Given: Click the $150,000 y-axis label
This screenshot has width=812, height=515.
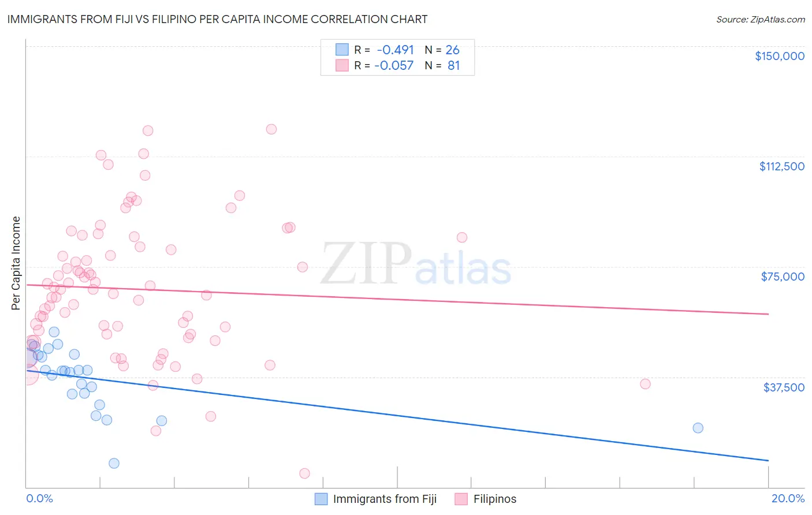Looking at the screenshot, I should point(779,56).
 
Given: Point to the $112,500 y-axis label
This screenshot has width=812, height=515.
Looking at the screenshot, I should point(781,166).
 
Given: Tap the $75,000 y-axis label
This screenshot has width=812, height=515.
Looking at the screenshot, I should point(783,277).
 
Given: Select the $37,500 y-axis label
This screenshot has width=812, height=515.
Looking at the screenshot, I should point(784,387).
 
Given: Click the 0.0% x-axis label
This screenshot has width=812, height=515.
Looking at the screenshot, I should point(39,499).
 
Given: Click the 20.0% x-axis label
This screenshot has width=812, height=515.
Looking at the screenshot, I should point(788,499).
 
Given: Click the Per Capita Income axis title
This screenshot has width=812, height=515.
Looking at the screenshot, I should point(16,263).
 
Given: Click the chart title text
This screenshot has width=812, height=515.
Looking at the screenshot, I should point(217,19).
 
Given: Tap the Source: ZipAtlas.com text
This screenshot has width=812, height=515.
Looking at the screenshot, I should point(760,20).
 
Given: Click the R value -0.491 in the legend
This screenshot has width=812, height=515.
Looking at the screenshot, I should point(395,50).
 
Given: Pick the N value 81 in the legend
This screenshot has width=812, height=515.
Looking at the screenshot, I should point(453,66).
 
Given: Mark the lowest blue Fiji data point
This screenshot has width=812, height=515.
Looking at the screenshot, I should point(114,463).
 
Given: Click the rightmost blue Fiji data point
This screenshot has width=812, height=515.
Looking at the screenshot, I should point(698,428).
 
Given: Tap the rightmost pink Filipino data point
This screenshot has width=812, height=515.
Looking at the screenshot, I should point(645,384).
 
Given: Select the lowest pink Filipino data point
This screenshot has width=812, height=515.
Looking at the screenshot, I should point(304,473).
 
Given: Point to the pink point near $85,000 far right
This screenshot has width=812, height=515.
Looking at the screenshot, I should point(461,237).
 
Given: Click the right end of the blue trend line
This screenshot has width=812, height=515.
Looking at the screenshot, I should point(768,460).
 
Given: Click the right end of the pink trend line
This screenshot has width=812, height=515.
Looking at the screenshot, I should point(768,314).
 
